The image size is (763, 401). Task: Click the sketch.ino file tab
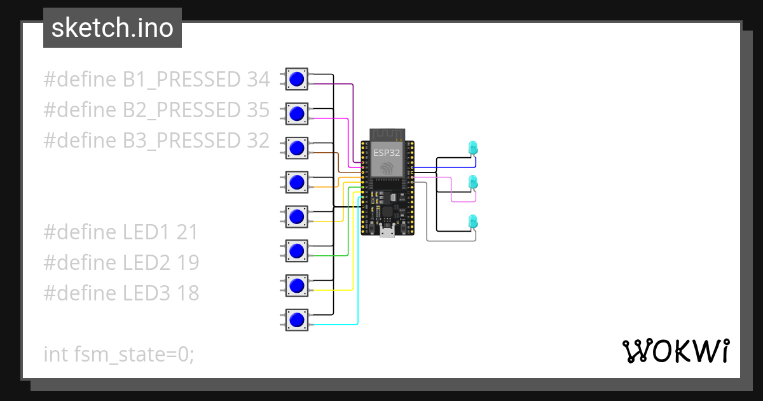click(x=113, y=28)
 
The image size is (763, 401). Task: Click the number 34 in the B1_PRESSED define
click(x=257, y=80)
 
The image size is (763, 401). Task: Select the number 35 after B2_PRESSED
click(x=257, y=110)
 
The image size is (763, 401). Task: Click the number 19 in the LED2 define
click(x=188, y=262)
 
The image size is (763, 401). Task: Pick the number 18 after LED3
click(x=188, y=293)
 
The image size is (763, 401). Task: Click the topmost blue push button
click(x=296, y=80)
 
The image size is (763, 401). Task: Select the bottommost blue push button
click(x=296, y=320)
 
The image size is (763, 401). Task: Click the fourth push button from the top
click(x=296, y=183)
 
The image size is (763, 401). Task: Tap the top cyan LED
click(x=472, y=148)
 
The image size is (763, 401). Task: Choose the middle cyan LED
click(x=472, y=183)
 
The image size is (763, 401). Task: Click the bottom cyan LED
click(x=472, y=222)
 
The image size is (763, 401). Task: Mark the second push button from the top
click(x=296, y=114)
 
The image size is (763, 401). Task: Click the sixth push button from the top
click(x=296, y=251)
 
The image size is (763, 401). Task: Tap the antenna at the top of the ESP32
click(x=387, y=134)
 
